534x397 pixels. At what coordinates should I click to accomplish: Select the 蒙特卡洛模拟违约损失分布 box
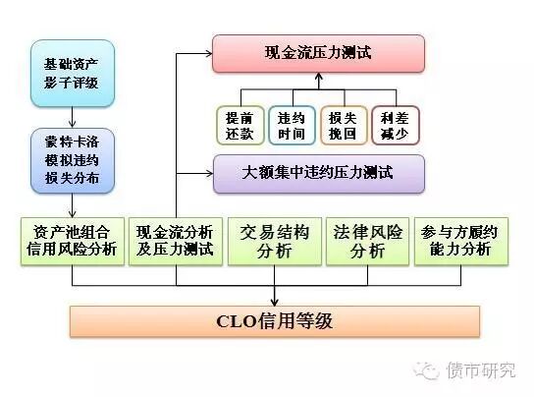(72, 157)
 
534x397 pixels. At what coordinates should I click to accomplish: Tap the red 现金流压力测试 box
(318, 53)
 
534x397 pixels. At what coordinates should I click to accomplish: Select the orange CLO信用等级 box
(274, 321)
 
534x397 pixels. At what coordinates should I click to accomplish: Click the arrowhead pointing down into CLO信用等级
(274, 300)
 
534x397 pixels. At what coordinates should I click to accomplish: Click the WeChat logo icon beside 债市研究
(429, 369)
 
